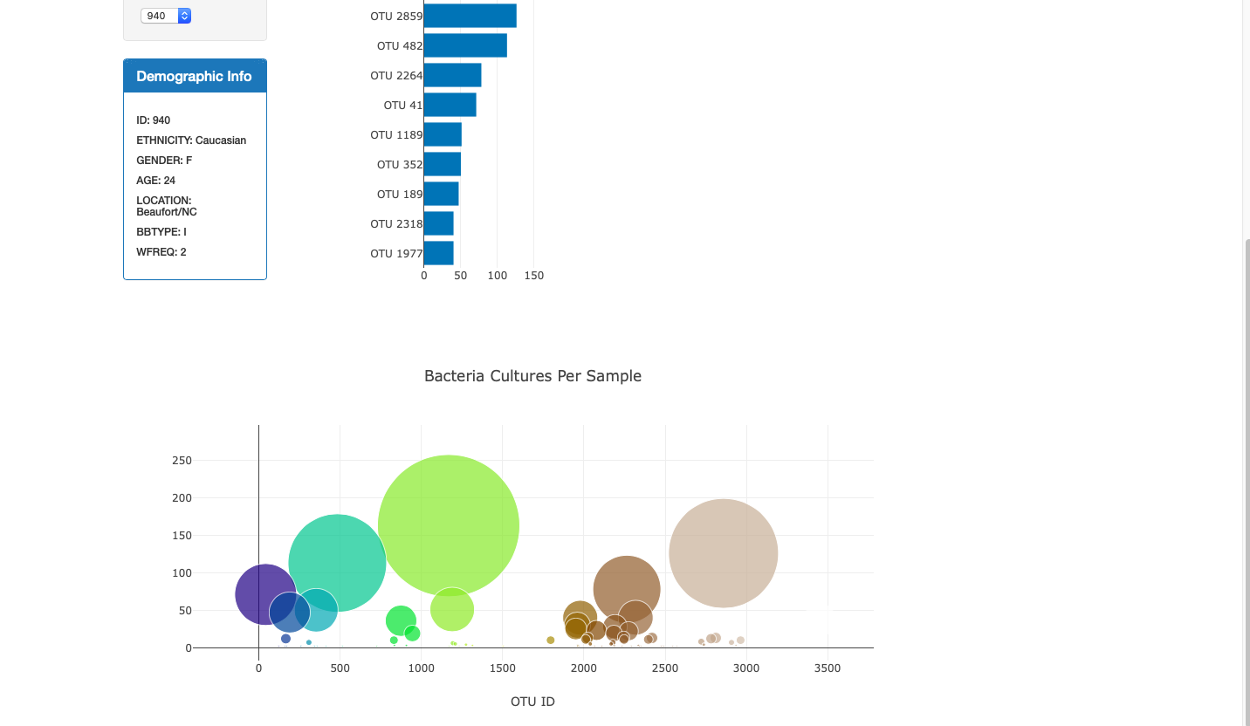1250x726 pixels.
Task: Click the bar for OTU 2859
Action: pos(470,16)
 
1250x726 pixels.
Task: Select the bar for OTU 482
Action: pos(465,45)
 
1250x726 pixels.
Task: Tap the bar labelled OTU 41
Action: pos(450,105)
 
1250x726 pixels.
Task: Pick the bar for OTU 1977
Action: pos(438,253)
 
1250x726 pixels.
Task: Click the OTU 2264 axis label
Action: pos(396,76)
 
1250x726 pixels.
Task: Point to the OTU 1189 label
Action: pos(396,135)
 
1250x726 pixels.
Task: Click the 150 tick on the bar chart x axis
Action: pos(533,276)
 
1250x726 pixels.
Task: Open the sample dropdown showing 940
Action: pos(166,16)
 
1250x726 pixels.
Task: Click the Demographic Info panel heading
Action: pos(194,77)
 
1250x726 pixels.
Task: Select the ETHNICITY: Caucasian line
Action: pos(191,140)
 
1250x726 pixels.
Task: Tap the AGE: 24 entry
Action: pos(156,181)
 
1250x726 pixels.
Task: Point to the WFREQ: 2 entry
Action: pos(161,252)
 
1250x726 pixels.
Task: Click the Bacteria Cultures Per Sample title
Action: pos(532,376)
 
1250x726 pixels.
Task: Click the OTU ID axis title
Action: pos(532,702)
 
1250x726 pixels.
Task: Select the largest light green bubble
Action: pos(449,525)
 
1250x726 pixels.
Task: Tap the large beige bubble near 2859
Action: pos(723,553)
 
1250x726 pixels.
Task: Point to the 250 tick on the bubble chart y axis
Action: pos(182,461)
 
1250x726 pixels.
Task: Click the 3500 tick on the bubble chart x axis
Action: pos(827,668)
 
